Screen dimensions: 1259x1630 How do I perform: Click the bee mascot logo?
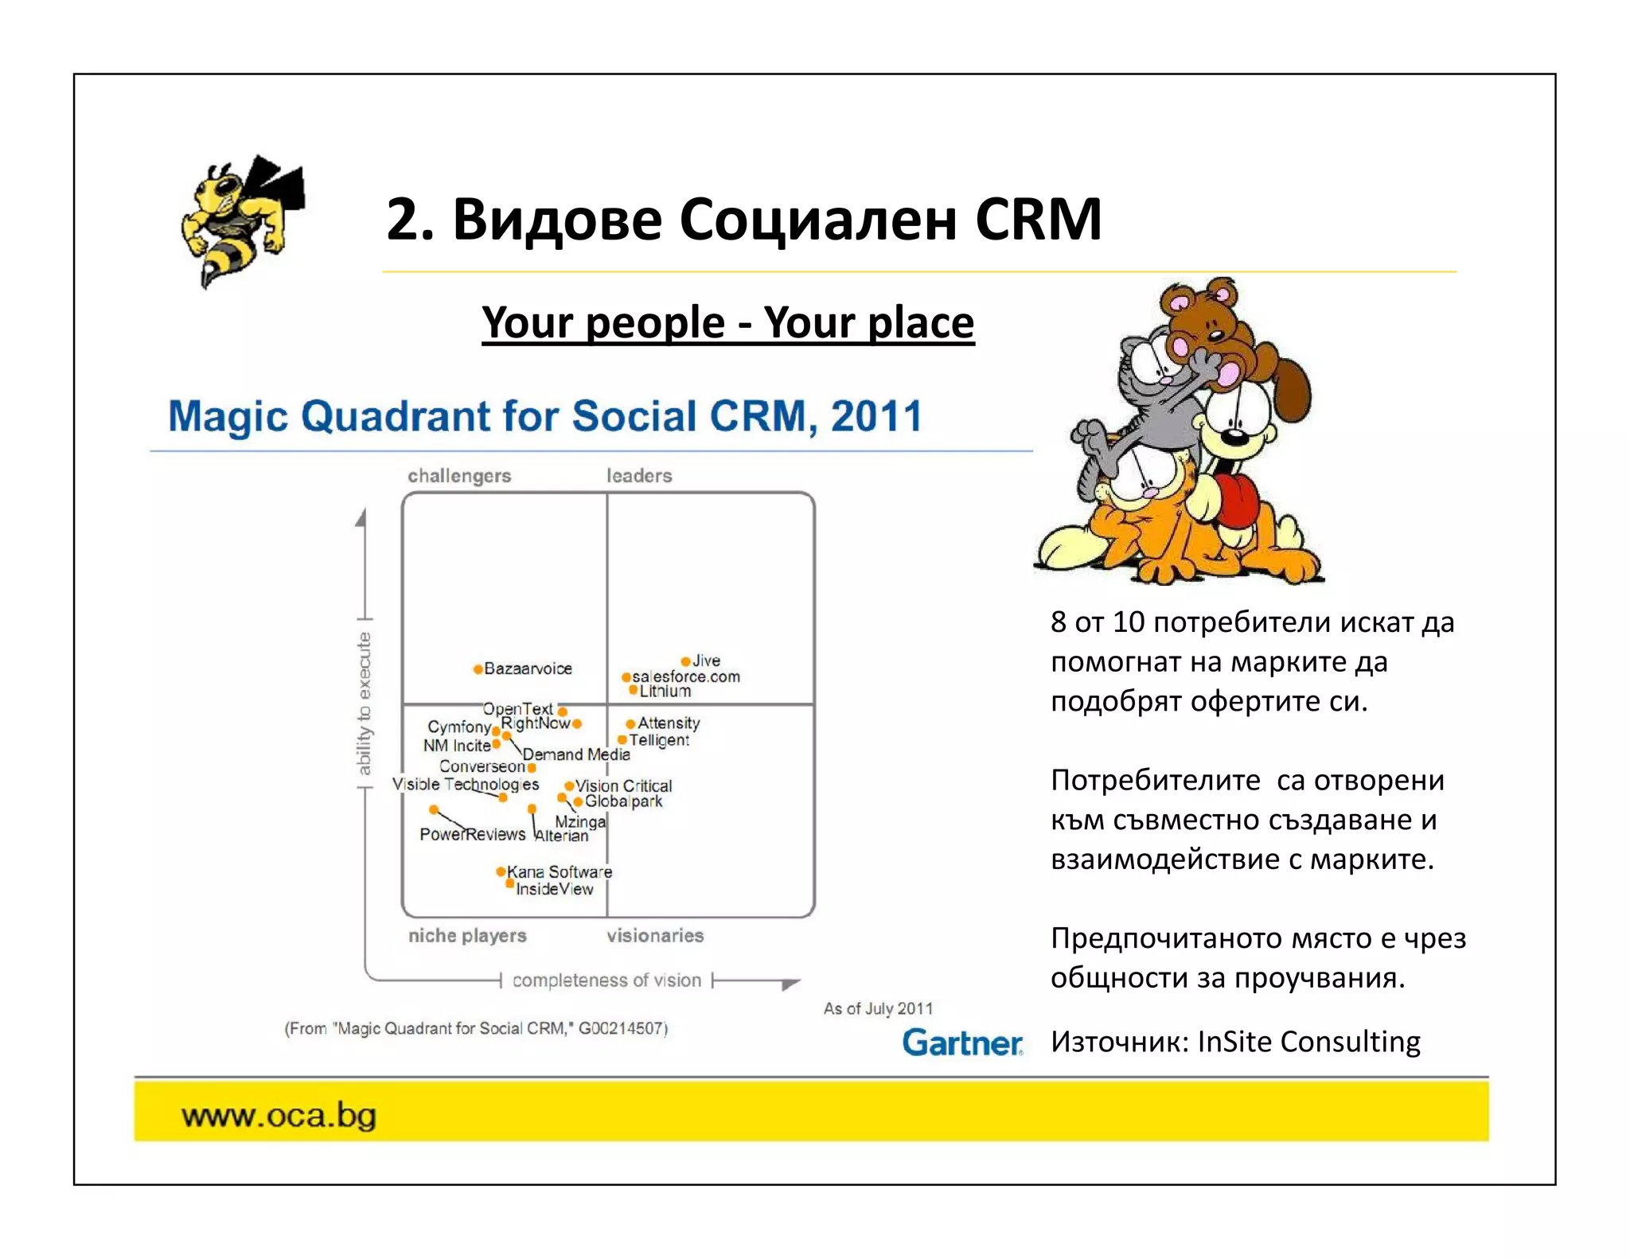coord(239,219)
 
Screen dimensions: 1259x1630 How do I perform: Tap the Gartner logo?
coord(961,1043)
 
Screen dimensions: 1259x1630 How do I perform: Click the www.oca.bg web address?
coord(279,1115)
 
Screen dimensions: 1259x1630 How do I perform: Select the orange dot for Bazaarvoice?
coord(478,669)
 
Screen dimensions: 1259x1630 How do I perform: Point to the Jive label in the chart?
coord(706,661)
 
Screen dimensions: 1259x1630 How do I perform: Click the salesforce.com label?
coord(686,676)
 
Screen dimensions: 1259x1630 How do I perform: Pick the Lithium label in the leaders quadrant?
coord(665,692)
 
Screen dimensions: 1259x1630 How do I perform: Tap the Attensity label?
coord(669,723)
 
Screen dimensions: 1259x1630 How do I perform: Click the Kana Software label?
coord(560,872)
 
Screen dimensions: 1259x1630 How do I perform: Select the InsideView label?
coord(554,889)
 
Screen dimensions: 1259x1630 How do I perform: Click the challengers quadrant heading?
coord(459,476)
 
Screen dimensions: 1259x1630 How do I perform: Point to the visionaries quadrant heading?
coord(655,936)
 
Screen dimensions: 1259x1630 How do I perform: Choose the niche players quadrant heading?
coord(467,936)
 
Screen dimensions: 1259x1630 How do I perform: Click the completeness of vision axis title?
coord(606,980)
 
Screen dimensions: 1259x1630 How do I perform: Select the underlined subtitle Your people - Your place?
coord(727,323)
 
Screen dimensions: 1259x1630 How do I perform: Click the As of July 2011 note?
coord(878,1008)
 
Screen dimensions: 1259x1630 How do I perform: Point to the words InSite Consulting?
coord(1308,1042)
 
